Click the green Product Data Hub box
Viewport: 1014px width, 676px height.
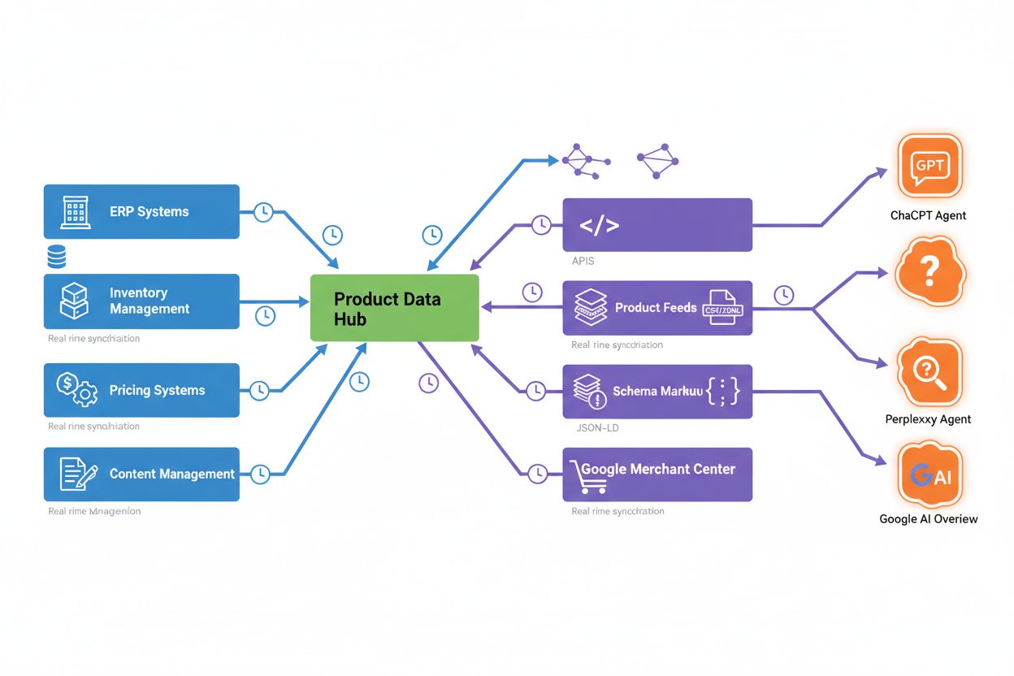click(x=395, y=308)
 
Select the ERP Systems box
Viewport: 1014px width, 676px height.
click(x=141, y=211)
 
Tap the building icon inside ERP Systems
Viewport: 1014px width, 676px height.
click(x=76, y=212)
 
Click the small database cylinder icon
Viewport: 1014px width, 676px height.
click(x=57, y=258)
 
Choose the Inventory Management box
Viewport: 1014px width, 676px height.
click(x=141, y=301)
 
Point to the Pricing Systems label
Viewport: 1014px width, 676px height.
click(x=157, y=391)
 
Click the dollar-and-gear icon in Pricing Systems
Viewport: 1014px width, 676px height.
click(x=76, y=389)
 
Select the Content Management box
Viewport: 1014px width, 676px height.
click(x=141, y=474)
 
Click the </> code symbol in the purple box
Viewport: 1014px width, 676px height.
click(x=599, y=226)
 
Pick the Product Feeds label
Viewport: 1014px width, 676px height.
click(x=655, y=308)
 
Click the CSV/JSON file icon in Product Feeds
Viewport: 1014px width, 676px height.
click(x=722, y=308)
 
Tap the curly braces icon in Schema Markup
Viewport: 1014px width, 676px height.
click(x=723, y=392)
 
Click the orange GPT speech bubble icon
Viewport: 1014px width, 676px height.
click(x=929, y=167)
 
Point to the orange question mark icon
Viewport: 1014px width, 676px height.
click(x=929, y=269)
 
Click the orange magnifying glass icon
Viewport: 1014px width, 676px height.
click(x=929, y=372)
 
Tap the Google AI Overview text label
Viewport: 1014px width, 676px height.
click(x=928, y=519)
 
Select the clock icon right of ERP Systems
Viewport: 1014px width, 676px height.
click(x=263, y=212)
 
